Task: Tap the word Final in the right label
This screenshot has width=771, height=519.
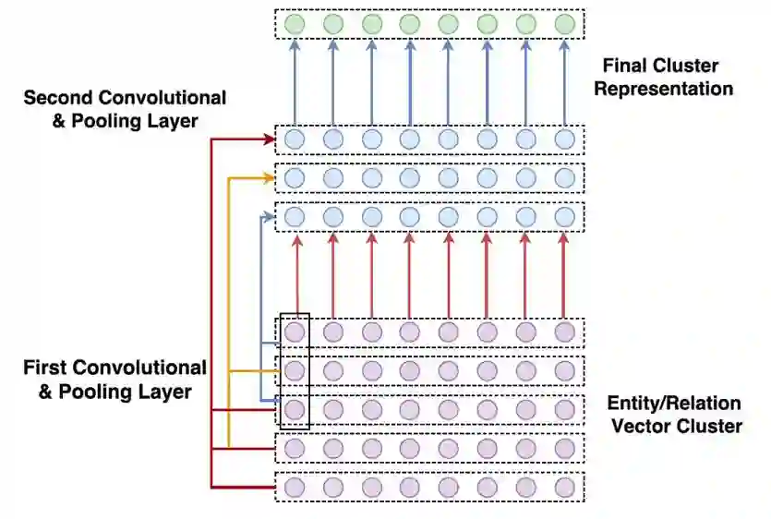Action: tap(625, 66)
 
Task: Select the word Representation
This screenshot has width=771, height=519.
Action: tap(664, 90)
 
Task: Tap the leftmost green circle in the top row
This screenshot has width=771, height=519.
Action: tap(295, 23)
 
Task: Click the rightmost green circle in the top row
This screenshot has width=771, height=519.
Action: tap(564, 23)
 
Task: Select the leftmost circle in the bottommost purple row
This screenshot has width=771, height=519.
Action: tap(295, 487)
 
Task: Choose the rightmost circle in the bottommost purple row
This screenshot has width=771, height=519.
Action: tap(564, 487)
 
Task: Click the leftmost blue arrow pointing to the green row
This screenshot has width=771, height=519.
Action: tap(295, 83)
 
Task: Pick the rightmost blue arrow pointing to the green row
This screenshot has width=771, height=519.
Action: tap(564, 83)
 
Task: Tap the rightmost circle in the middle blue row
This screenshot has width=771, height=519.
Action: tap(564, 177)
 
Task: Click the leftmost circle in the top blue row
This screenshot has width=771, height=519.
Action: tap(295, 139)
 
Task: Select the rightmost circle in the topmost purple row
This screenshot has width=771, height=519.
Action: tap(564, 332)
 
